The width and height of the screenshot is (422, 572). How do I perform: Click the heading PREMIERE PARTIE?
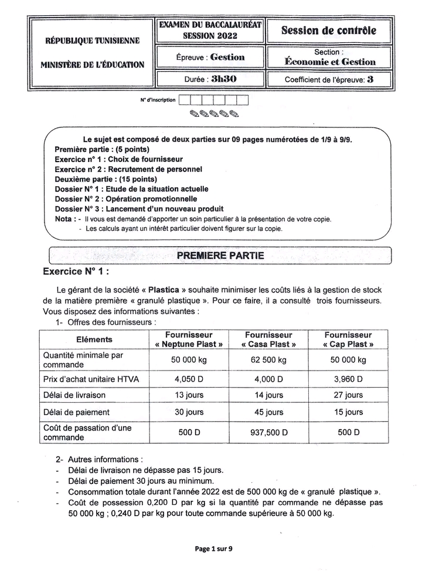tap(220, 255)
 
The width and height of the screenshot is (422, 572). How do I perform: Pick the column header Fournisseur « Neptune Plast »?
tap(188, 339)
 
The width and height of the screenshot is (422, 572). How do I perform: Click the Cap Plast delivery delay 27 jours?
tap(348, 395)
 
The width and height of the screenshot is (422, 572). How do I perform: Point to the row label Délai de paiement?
tap(77, 412)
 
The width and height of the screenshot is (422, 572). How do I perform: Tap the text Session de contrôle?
tap(329, 31)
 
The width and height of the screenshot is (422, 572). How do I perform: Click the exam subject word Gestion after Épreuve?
tap(227, 57)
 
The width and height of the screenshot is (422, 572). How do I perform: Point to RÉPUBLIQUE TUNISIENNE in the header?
tap(93, 41)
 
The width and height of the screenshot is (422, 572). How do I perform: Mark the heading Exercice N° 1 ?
tap(76, 272)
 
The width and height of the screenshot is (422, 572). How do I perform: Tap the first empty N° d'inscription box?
tap(184, 100)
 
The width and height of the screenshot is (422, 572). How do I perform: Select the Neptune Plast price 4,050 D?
tap(189, 379)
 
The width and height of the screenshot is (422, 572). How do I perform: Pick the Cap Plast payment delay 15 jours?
tap(348, 412)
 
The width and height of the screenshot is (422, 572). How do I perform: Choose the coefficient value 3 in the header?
tap(370, 79)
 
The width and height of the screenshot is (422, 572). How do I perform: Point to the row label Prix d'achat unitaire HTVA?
tap(91, 379)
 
